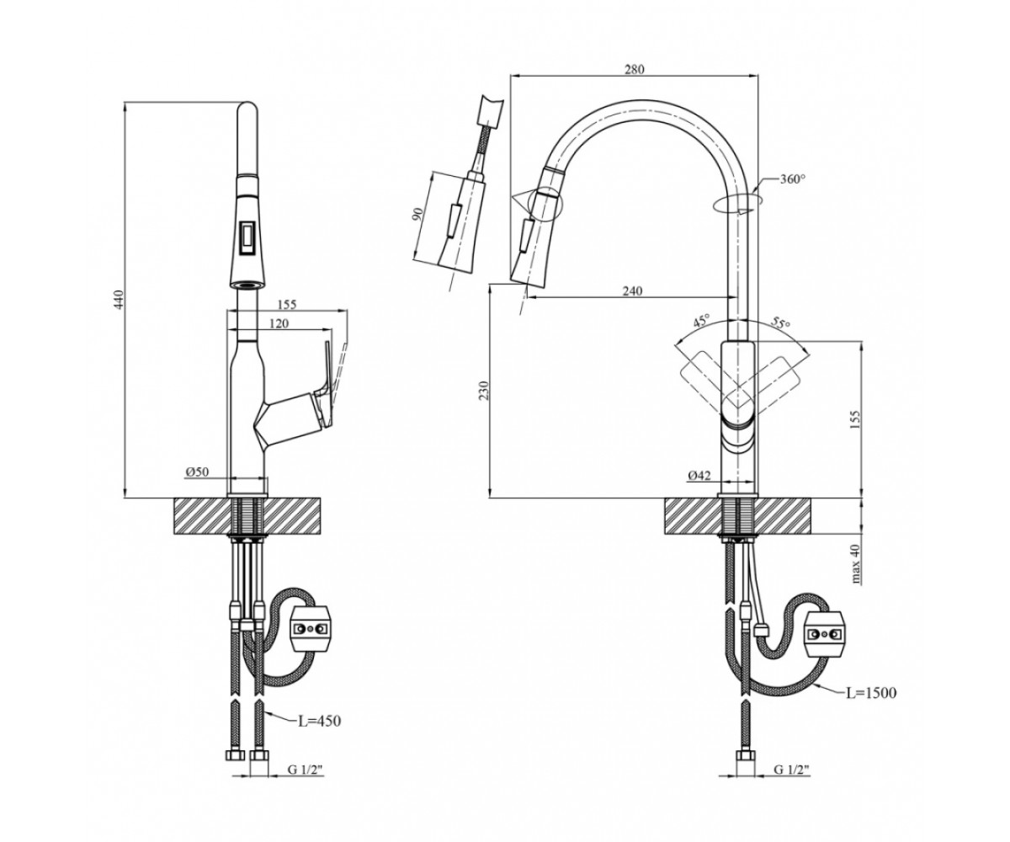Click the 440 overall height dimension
120,300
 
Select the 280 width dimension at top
634,69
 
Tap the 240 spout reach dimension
632,290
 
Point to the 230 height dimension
484,391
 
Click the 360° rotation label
793,179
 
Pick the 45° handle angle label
701,322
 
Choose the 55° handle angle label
779,322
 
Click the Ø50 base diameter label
196,472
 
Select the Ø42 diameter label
700,476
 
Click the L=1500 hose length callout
870,693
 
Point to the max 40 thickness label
856,564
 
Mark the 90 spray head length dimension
418,214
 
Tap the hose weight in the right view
825,633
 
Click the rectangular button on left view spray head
247,238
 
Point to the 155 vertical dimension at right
856,420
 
